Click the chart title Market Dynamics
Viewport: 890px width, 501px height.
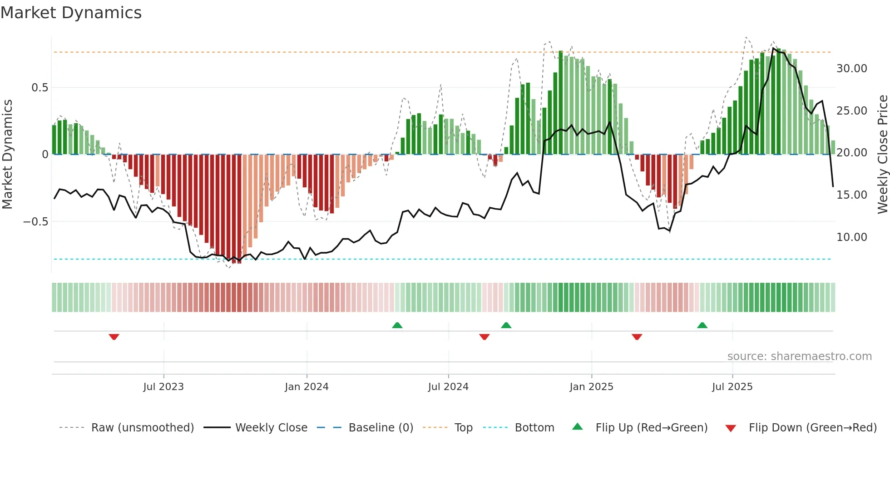[71, 13]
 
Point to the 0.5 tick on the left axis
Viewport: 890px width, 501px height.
[40, 87]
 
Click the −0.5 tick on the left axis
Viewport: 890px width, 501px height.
[35, 222]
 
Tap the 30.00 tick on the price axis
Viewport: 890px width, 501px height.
[851, 69]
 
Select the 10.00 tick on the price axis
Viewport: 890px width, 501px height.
[851, 237]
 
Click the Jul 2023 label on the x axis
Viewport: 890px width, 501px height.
[163, 387]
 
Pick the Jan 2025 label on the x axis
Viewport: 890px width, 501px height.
[591, 387]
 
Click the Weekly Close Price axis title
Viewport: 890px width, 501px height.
[882, 155]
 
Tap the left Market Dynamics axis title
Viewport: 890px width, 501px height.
[7, 155]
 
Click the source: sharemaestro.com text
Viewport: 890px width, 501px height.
[799, 356]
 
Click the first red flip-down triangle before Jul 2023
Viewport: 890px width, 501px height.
[114, 337]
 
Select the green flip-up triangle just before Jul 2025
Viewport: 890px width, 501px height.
[702, 325]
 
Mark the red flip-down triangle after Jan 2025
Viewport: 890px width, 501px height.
[637, 337]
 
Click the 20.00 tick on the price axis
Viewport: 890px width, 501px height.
[851, 153]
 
